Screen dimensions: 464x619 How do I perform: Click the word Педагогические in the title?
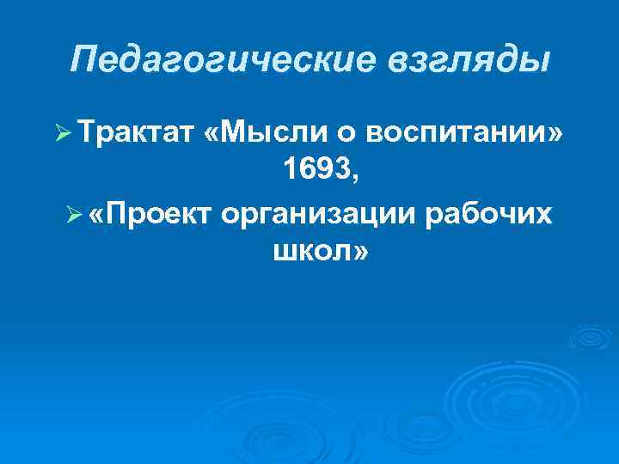coord(205,60)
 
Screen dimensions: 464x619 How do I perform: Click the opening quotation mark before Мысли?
coord(213,135)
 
